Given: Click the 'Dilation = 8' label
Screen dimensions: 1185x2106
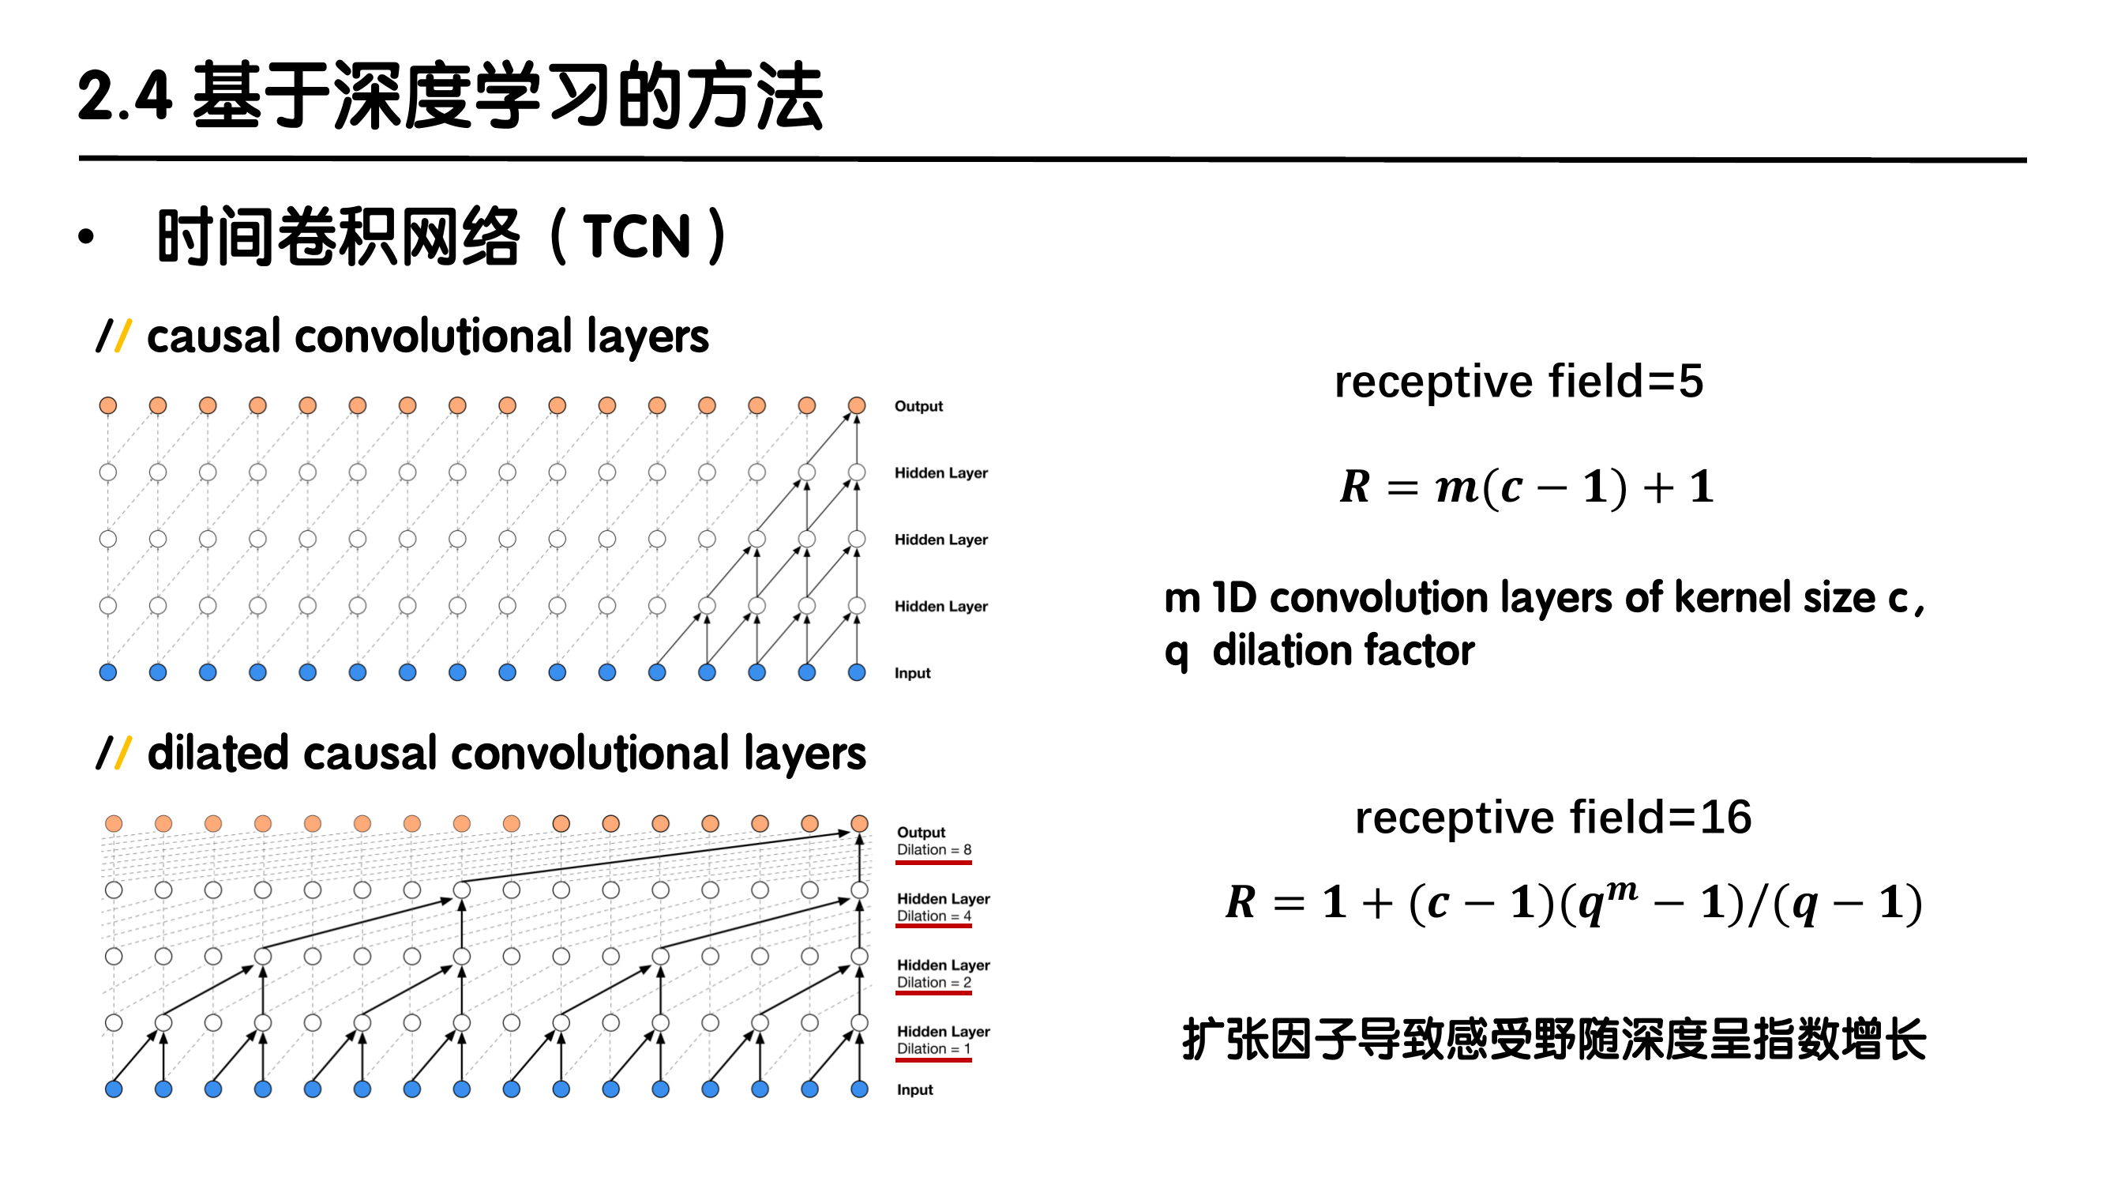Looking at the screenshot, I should tap(933, 850).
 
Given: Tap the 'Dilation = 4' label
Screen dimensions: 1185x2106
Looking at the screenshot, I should tap(933, 916).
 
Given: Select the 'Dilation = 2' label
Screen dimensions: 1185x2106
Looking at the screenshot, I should tap(933, 982).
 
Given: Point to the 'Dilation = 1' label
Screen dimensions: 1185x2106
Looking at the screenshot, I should tap(933, 1048).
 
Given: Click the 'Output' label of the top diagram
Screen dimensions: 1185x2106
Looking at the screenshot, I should tap(918, 406).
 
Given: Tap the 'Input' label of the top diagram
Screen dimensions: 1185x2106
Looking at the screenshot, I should tap(912, 673).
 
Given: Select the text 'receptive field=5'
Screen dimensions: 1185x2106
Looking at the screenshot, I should tap(1518, 382).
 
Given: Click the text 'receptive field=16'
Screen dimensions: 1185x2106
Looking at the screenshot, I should tap(1552, 817).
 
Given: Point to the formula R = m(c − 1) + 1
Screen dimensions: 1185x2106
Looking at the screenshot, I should tap(1526, 487).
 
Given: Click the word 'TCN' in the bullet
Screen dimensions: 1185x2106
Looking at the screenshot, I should tap(637, 237).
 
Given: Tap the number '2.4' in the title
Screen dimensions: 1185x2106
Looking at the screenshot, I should tap(124, 96).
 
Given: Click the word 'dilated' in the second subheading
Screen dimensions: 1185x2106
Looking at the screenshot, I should tap(216, 753).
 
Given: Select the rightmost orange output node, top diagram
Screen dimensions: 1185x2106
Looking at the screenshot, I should tap(857, 405).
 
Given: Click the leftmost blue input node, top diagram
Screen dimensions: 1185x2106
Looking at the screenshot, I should tap(108, 672).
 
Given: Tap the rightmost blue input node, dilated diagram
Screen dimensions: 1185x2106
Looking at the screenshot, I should tap(859, 1089).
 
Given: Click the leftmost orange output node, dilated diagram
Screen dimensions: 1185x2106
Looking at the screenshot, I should tap(114, 823).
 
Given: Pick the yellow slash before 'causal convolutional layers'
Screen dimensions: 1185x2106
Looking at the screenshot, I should tap(122, 336).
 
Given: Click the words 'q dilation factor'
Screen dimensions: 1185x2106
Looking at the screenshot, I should tap(1319, 652).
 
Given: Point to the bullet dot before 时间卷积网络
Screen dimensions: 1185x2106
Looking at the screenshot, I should tap(86, 238).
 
